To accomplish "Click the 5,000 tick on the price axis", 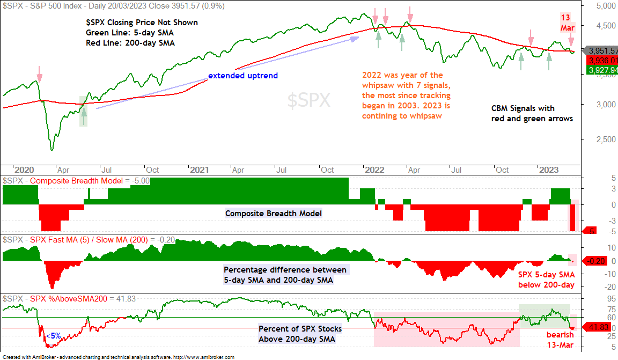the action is click(605, 6).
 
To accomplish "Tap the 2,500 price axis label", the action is click(605, 139).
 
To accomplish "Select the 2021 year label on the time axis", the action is click(199, 170).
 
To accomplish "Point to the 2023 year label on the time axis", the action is click(549, 170).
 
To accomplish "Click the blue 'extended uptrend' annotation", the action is click(243, 76).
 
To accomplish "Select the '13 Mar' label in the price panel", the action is click(566, 23).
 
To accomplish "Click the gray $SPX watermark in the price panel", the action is click(308, 100).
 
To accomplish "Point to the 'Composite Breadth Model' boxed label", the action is click(274, 214).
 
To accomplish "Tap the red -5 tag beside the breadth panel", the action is click(591, 231).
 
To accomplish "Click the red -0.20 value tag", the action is click(595, 261).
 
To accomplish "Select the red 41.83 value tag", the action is click(597, 327).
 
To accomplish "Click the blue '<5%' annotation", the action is click(54, 336).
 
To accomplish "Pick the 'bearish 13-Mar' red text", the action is click(560, 340).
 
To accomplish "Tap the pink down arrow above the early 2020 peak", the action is click(39, 74).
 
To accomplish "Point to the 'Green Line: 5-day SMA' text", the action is click(130, 33).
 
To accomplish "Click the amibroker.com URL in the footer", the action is click(204, 357).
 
